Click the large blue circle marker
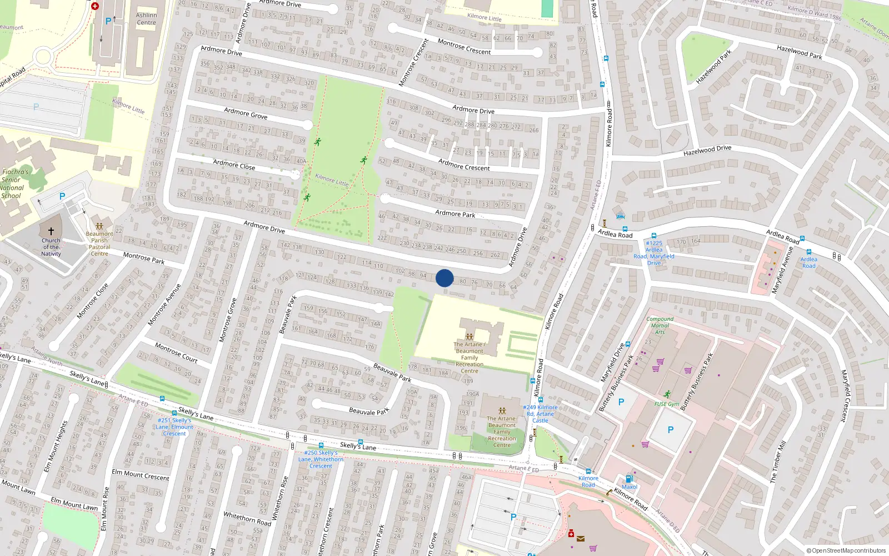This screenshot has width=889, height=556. tap(444, 278)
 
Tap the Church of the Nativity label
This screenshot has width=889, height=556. tap(51, 247)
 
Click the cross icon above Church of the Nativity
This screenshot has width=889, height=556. tap(51, 231)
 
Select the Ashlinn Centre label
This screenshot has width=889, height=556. tap(146, 19)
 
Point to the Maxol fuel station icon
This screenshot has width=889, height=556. tap(629, 479)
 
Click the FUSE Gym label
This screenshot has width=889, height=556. tap(666, 404)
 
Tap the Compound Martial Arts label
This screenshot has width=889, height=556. tap(660, 325)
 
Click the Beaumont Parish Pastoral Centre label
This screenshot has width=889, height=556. tap(99, 244)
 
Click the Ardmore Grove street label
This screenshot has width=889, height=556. tap(246, 114)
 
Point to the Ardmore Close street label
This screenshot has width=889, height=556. tap(234, 165)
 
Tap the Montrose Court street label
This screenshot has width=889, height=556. tap(176, 353)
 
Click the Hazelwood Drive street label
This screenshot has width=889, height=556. tap(707, 150)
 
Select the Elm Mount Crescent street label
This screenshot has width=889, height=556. tap(141, 475)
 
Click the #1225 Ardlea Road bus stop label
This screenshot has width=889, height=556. tap(654, 253)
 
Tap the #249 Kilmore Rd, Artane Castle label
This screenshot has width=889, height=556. tap(540, 414)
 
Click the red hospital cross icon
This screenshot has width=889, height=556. tap(95, 6)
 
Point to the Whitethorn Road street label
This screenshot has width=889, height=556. tap(247, 518)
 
